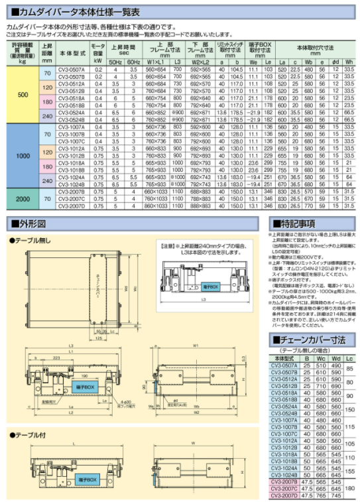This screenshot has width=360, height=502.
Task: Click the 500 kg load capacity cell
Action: pos(23,95)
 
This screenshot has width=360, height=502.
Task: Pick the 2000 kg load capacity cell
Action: pos(23,198)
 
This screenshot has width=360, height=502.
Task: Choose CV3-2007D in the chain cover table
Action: pos(284,495)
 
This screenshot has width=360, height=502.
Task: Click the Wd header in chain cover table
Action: pos(335,357)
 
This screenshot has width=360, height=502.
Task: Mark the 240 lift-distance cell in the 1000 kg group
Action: pos(47,180)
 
